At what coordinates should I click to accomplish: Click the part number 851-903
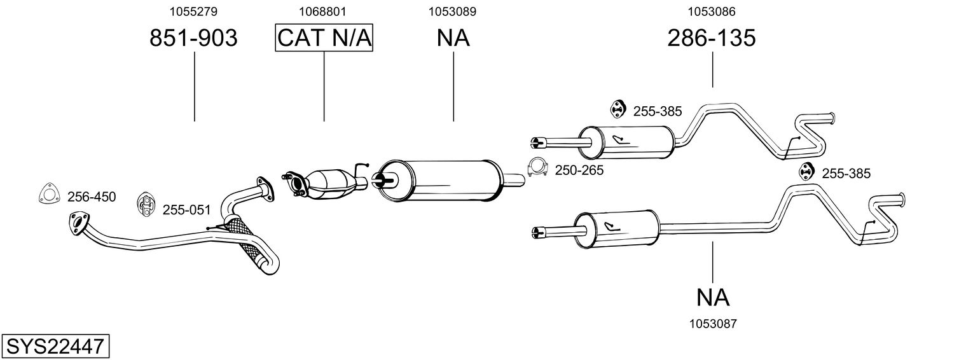(193, 38)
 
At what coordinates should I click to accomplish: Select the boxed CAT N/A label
(324, 38)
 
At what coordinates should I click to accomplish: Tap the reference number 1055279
(193, 11)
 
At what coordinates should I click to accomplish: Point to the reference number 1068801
(322, 11)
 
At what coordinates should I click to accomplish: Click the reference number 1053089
(452, 11)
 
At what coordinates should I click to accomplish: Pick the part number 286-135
(712, 38)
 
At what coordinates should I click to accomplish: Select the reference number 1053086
(712, 11)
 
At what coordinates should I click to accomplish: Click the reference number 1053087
(713, 324)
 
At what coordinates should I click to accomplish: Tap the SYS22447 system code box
(55, 347)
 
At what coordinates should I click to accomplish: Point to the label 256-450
(92, 197)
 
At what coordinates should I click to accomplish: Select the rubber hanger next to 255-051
(146, 205)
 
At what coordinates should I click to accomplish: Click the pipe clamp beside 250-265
(538, 167)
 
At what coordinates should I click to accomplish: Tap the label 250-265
(579, 170)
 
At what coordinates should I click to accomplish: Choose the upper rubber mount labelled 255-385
(618, 109)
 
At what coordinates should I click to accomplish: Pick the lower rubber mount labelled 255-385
(806, 171)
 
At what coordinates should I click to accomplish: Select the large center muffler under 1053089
(439, 181)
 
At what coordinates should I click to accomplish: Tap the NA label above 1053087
(713, 298)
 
